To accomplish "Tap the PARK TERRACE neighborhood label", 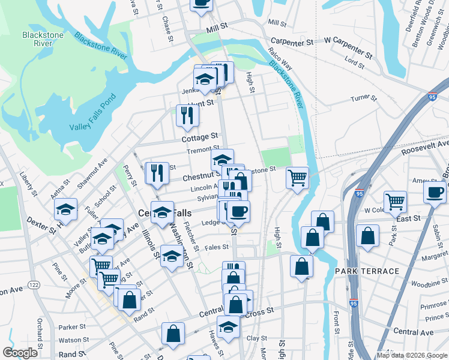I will tap(367, 271).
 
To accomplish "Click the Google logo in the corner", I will tap(20, 352).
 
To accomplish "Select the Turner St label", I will tap(363, 98).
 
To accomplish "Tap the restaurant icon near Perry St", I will tap(157, 173).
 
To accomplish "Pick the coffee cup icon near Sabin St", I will tap(435, 191).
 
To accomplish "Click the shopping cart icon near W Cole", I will tap(395, 202).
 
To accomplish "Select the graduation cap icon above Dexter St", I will tap(66, 209).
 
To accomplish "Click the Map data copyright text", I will tap(411, 355).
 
